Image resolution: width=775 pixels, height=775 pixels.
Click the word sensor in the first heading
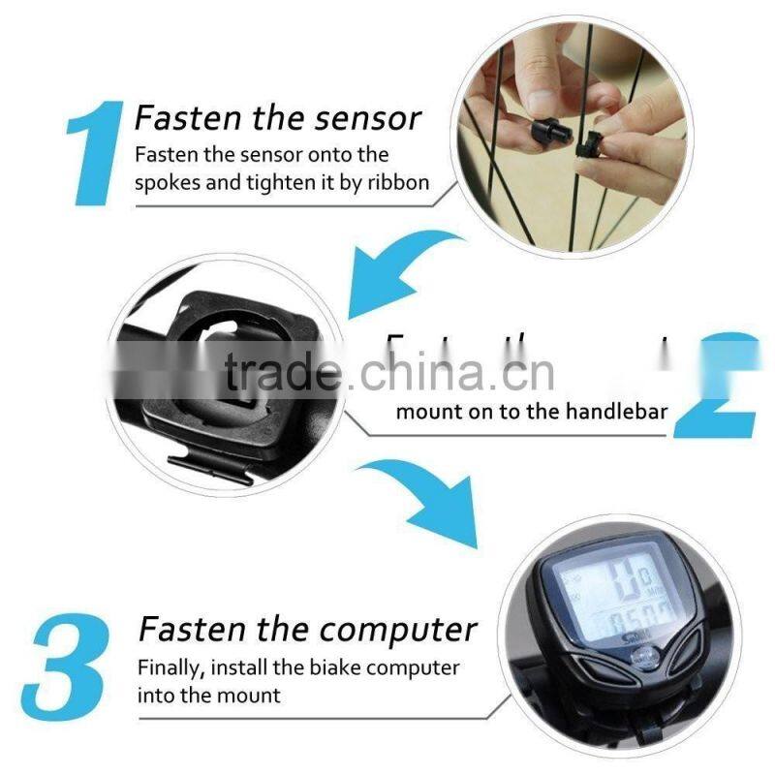[x=372, y=118]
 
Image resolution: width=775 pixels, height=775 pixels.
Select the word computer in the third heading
[x=399, y=629]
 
